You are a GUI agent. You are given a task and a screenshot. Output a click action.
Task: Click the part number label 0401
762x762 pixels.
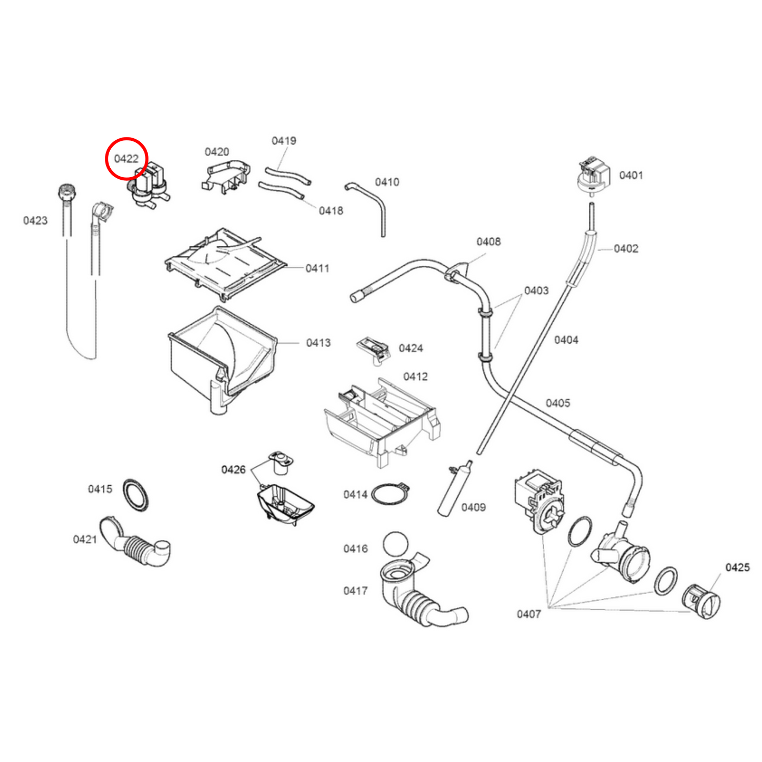tap(631, 175)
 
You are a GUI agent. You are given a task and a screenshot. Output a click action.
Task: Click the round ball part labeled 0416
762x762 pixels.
tap(396, 544)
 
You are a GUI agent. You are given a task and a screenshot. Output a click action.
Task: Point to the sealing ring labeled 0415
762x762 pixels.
tap(136, 495)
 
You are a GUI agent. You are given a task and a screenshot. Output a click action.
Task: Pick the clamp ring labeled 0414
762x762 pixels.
tap(391, 495)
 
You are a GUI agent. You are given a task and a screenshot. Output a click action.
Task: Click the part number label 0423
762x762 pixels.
tap(35, 220)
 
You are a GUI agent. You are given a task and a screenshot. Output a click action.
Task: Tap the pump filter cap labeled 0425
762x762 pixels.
tap(701, 602)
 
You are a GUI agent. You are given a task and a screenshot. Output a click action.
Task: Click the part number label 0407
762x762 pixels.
tap(528, 614)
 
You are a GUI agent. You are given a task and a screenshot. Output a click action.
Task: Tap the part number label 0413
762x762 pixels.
tap(318, 343)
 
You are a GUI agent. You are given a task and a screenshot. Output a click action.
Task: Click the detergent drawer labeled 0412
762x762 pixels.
tap(380, 419)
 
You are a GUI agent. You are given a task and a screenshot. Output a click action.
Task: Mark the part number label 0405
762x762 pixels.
tap(557, 403)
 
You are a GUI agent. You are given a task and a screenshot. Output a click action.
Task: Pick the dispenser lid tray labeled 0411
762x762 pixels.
tap(225, 262)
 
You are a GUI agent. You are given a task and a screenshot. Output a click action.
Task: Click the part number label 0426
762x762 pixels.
tap(233, 469)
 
